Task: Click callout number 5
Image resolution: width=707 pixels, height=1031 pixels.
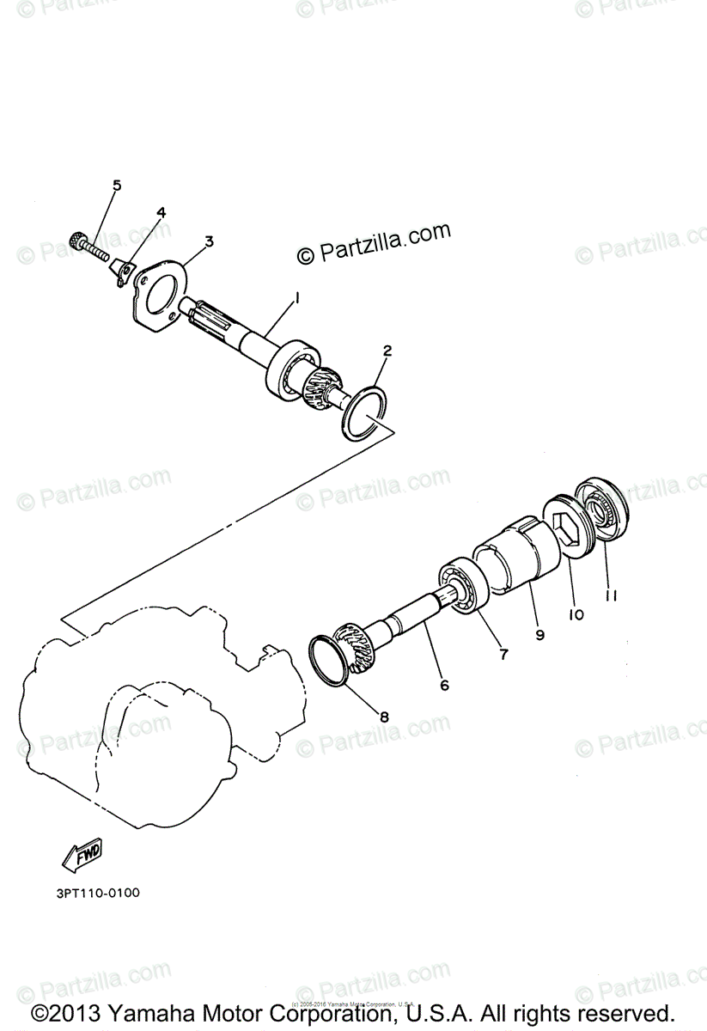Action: point(117,186)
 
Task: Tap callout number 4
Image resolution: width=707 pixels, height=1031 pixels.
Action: point(161,213)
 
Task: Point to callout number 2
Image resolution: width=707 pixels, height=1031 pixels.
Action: point(387,351)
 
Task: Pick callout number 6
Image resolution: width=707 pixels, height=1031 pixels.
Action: point(443,685)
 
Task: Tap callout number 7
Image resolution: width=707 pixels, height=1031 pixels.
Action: point(503,655)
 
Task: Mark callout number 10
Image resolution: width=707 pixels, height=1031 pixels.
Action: point(576,614)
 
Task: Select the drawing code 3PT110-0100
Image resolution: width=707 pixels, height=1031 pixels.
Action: point(96,893)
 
